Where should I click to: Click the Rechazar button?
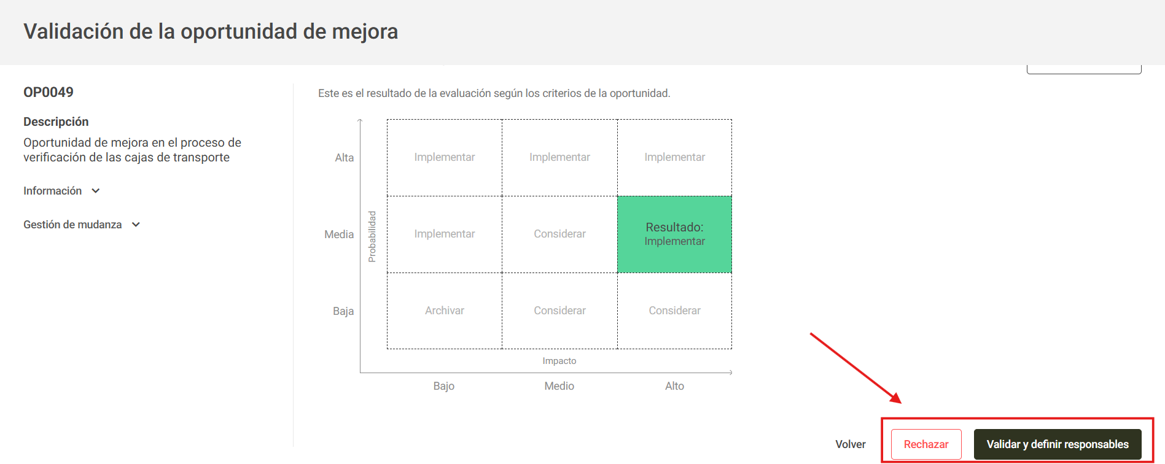pyautogui.click(x=926, y=444)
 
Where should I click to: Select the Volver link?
pyautogui.click(x=850, y=444)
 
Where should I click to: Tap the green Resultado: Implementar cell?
pyautogui.click(x=674, y=234)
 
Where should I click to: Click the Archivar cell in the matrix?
pyautogui.click(x=444, y=311)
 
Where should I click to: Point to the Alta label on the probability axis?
pyautogui.click(x=344, y=158)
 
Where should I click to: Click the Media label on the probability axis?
pyautogui.click(x=339, y=234)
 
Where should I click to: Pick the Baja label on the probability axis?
pyautogui.click(x=343, y=311)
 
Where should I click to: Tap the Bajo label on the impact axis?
pyautogui.click(x=443, y=386)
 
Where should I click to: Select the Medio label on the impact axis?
pyautogui.click(x=559, y=386)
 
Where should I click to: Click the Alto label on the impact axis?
pyautogui.click(x=674, y=386)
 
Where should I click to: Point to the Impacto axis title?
pyautogui.click(x=559, y=361)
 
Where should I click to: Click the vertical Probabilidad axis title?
pyautogui.click(x=372, y=236)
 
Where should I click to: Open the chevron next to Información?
pyautogui.click(x=96, y=191)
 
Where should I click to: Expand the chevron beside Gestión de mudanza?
pyautogui.click(x=136, y=225)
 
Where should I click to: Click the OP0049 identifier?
pyautogui.click(x=49, y=92)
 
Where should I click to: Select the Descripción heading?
pyautogui.click(x=56, y=122)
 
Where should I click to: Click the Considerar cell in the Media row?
pyautogui.click(x=559, y=234)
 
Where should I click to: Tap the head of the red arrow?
pyautogui.click(x=897, y=400)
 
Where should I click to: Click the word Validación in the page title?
pyautogui.click(x=74, y=31)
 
